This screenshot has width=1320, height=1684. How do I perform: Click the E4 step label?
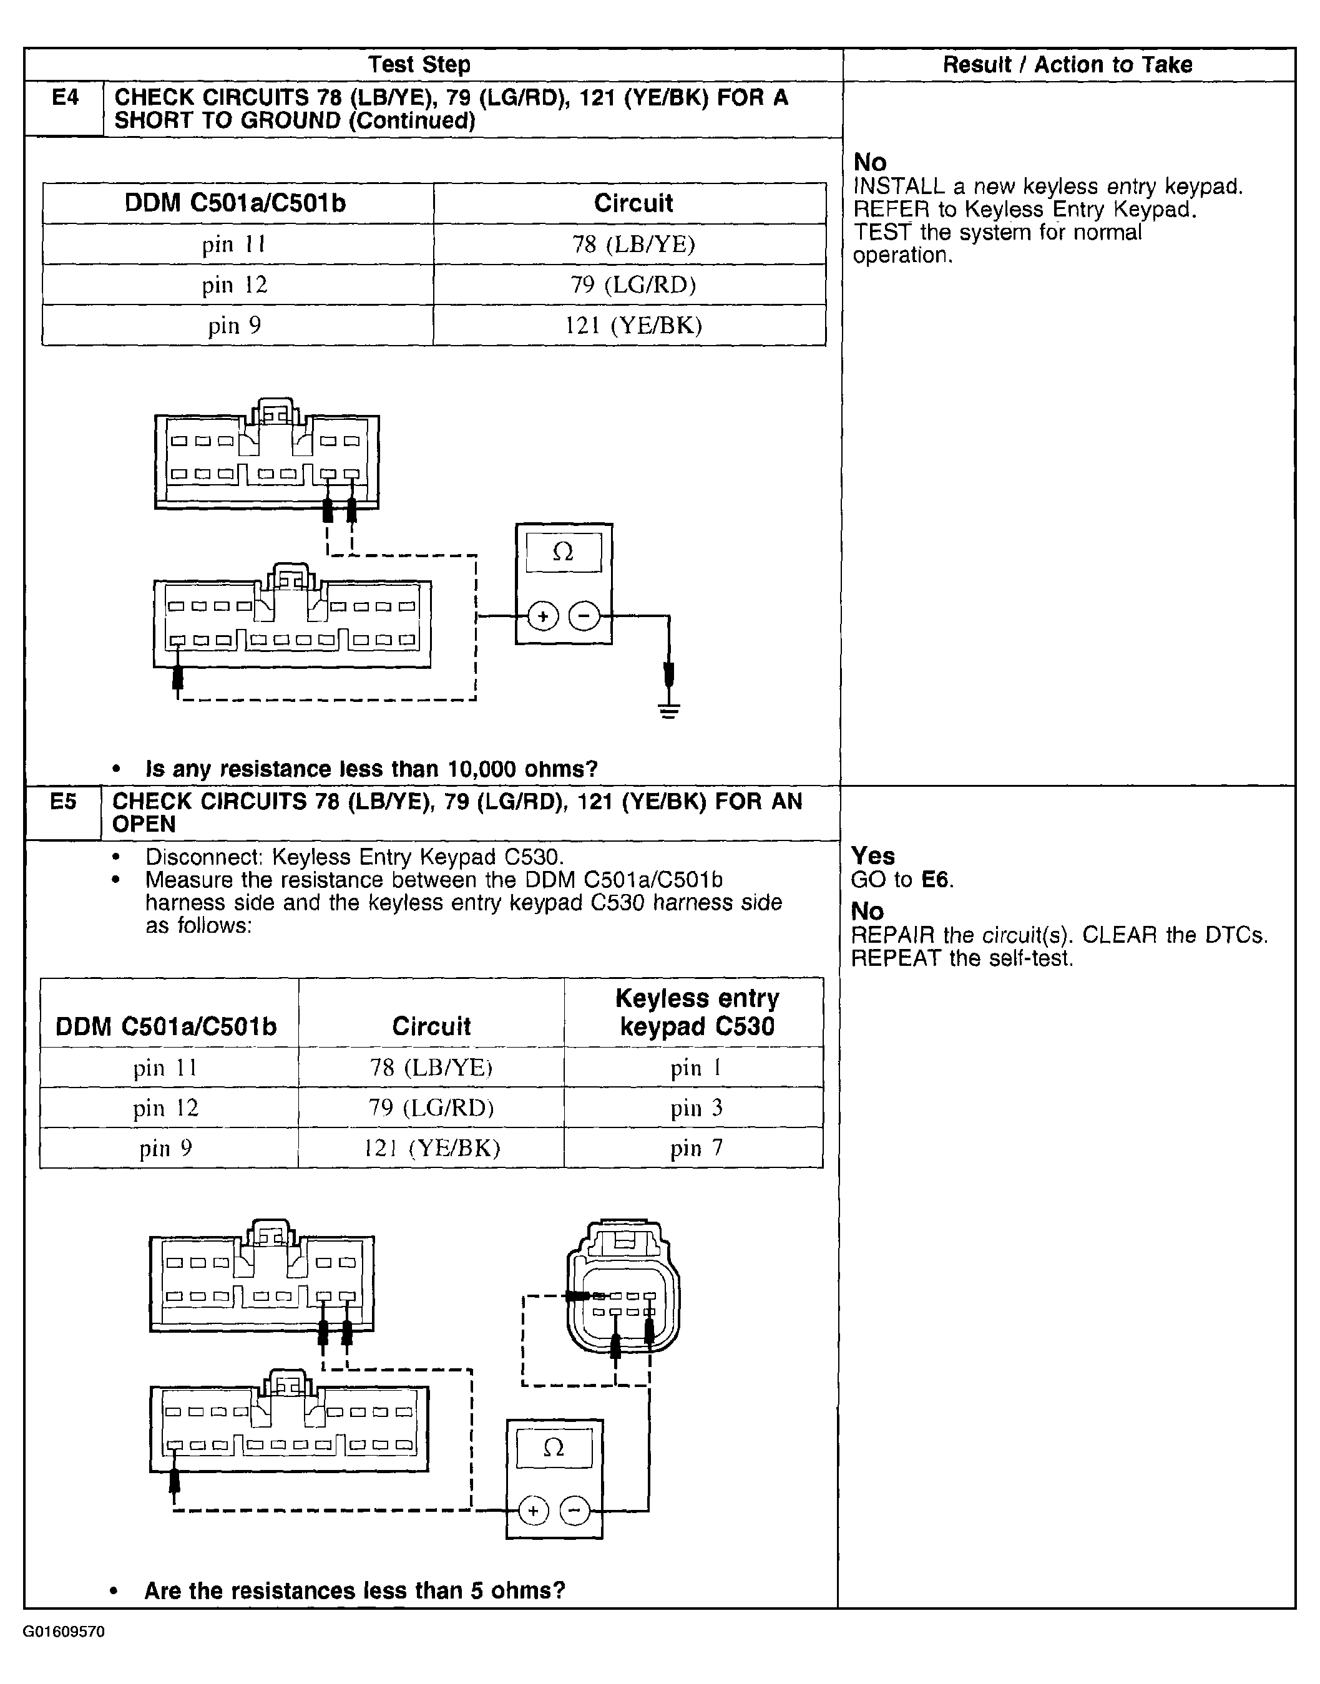point(65,98)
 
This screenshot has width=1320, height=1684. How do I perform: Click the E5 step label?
point(64,802)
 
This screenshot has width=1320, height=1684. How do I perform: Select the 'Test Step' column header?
point(419,65)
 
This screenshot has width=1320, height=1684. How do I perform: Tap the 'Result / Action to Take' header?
point(1067,65)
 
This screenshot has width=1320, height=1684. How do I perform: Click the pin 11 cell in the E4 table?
point(234,245)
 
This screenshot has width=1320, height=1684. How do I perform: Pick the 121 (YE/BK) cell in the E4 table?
point(633,325)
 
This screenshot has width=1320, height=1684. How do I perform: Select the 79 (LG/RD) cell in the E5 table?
point(431,1107)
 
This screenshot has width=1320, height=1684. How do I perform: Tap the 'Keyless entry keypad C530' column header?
point(697,1013)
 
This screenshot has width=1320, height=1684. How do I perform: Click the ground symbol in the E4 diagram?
point(669,711)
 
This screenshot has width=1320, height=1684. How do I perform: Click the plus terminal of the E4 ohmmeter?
point(544,616)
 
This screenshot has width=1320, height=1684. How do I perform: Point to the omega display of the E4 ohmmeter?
point(564,552)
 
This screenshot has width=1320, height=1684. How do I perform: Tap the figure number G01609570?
point(64,1632)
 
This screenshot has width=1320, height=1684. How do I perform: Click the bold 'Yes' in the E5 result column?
point(873,856)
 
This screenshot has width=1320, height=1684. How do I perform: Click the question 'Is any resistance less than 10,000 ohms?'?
point(371,769)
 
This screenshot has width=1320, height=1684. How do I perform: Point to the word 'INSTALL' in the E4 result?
point(899,187)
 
